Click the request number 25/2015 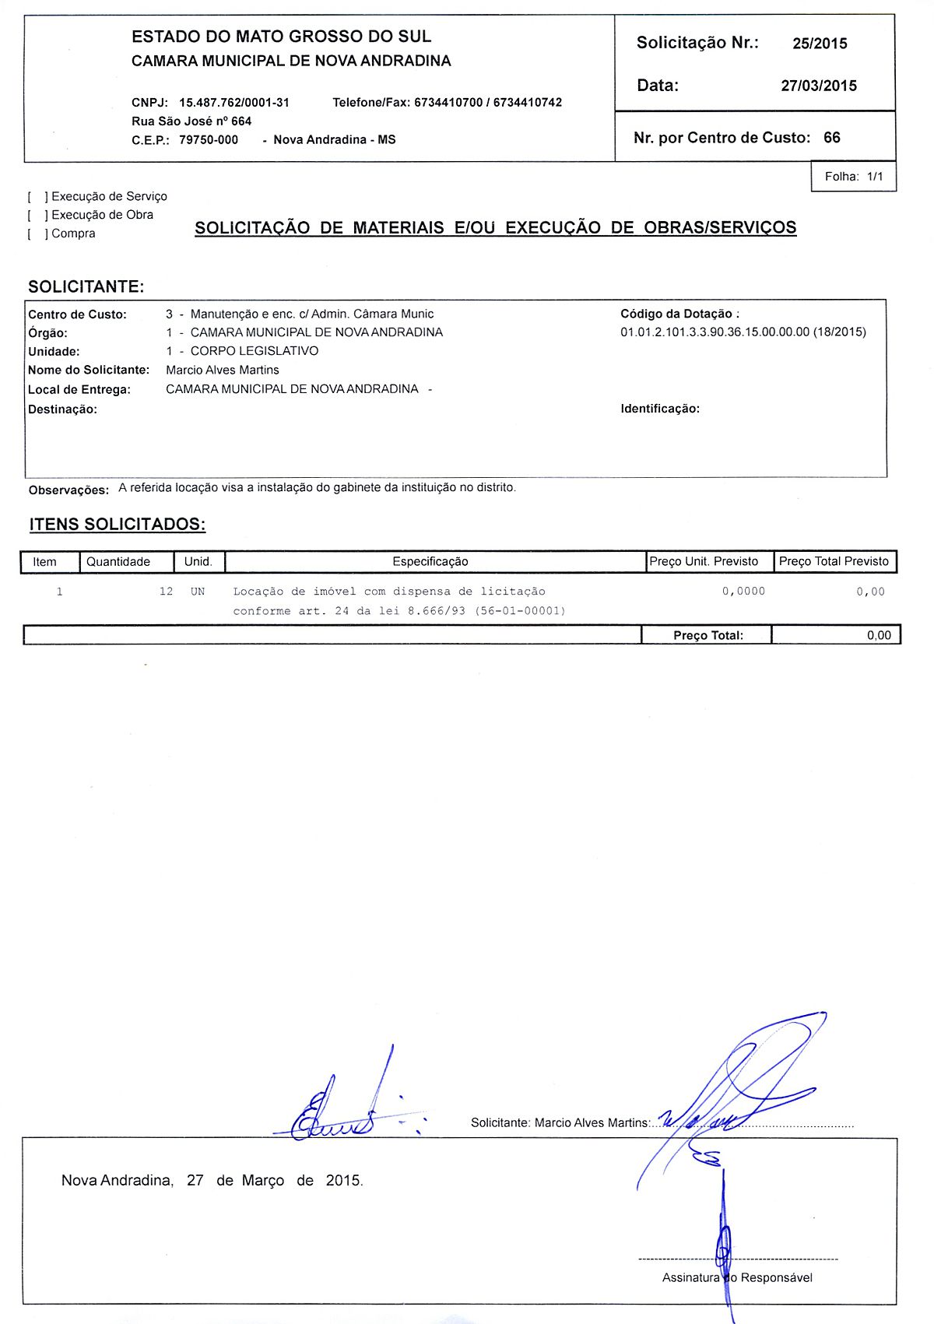pos(820,44)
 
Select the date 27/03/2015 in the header pos(819,86)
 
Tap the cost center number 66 pos(832,138)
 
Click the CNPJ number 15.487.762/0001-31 pos(234,103)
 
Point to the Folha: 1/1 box pos(854,177)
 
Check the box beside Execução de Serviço pos(37,197)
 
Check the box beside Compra pos(37,234)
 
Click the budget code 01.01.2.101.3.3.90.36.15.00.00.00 pos(715,332)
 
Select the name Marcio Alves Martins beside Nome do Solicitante pos(223,371)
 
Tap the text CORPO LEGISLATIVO pos(255,351)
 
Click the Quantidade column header pos(118,562)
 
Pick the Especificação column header pos(430,562)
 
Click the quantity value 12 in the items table pos(166,592)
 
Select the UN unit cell pos(198,592)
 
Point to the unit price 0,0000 pos(743,592)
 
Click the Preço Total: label pos(708,636)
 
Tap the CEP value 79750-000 pos(209,140)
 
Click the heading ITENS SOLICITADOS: pos(118,525)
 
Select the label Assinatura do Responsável pos(737,1277)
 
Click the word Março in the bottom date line pos(263,1181)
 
